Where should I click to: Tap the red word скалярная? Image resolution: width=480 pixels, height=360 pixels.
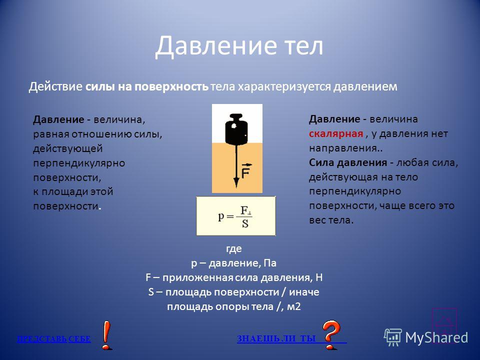[x=336, y=134]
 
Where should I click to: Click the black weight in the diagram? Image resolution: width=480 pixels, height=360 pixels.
[x=236, y=129]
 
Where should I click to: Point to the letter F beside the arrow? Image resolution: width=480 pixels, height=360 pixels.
[x=246, y=171]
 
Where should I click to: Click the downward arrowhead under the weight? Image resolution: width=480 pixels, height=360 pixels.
[x=236, y=182]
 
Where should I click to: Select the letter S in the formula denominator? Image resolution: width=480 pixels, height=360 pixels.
[x=245, y=224]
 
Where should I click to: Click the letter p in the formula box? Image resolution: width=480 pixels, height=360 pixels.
[x=221, y=216]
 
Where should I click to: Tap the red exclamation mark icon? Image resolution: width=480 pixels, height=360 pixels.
[x=106, y=335]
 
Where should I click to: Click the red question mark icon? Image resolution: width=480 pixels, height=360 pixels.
[x=331, y=334]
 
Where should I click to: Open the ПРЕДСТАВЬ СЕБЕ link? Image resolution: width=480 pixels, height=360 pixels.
[x=54, y=339]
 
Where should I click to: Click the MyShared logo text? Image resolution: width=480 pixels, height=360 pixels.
[x=436, y=337]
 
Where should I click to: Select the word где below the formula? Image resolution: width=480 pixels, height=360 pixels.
[x=234, y=248]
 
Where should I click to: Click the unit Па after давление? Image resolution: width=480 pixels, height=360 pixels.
[x=270, y=263]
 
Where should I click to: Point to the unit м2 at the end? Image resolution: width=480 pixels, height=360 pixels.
[x=294, y=306]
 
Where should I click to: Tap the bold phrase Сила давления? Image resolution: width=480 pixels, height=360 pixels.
[x=348, y=162]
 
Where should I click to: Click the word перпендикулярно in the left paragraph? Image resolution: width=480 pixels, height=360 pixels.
[x=79, y=163]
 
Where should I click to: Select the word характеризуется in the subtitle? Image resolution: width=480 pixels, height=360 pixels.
[x=284, y=87]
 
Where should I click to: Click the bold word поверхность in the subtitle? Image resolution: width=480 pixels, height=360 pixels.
[x=171, y=87]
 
